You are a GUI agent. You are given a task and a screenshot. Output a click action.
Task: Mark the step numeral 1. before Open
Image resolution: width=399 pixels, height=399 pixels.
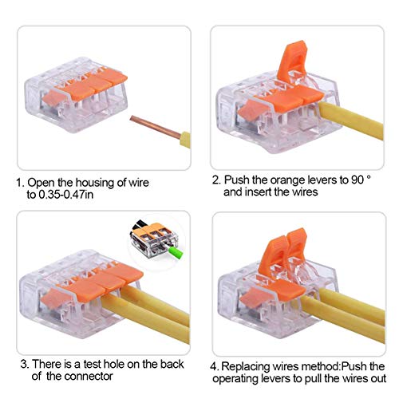point(20,181)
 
